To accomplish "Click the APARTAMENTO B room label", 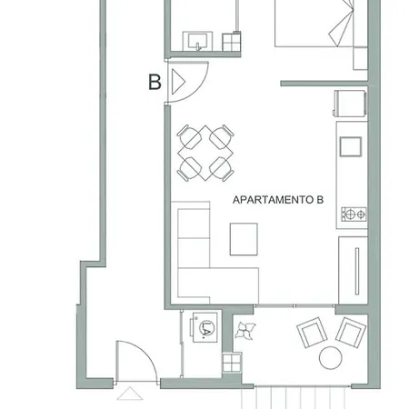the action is point(278,200).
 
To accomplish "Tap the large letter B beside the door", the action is point(155,82).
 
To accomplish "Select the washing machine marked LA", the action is point(204,327).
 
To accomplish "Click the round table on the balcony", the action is point(331,358).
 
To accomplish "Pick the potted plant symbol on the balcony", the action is point(245,330).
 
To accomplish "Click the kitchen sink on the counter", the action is point(351,146).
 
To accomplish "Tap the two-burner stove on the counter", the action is point(354,214).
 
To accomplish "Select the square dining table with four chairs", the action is point(205,154).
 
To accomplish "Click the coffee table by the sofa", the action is point(244,239).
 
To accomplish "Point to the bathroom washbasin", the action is point(197,41).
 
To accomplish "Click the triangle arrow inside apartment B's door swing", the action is point(178,82).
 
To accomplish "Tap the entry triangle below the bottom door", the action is point(130,394).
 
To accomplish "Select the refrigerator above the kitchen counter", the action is point(350,104).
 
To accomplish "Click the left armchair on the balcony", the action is point(312,333).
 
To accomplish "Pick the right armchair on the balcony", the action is point(351,333).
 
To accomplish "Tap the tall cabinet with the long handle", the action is point(353,270).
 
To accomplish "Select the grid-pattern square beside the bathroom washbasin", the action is point(232,42).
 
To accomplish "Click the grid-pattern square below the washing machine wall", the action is point(232,363).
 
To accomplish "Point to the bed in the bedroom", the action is point(314,24).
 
